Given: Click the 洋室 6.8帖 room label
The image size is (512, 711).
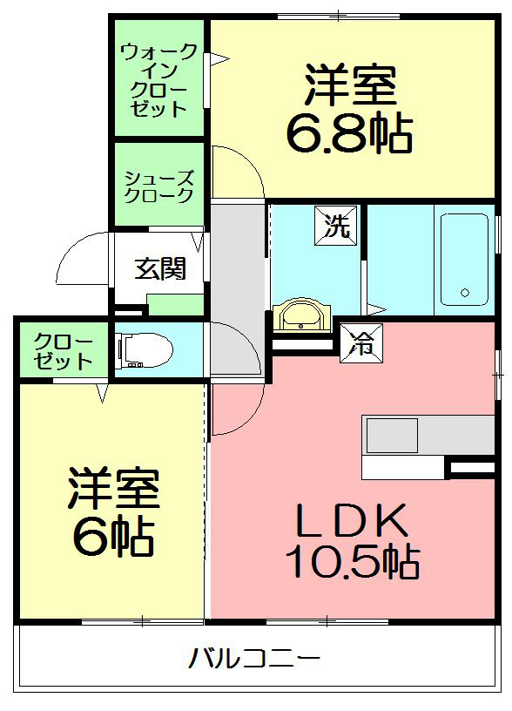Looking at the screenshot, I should click(x=350, y=109).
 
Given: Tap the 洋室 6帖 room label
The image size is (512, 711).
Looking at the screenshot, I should click(x=113, y=514).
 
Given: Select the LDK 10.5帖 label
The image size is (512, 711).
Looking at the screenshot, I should click(x=353, y=540).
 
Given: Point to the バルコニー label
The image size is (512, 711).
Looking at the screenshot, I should click(x=254, y=658).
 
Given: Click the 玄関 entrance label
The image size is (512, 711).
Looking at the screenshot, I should click(x=159, y=267).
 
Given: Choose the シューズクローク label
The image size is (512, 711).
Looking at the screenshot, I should click(x=158, y=185).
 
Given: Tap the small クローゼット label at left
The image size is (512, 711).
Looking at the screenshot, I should click(x=63, y=350).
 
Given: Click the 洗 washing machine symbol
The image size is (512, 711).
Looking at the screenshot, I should click(x=336, y=226).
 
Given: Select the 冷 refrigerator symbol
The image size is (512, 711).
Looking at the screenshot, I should click(x=360, y=341).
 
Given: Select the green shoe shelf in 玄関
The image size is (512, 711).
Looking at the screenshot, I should click(x=175, y=304).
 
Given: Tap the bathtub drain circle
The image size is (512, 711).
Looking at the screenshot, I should click(x=465, y=293).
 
